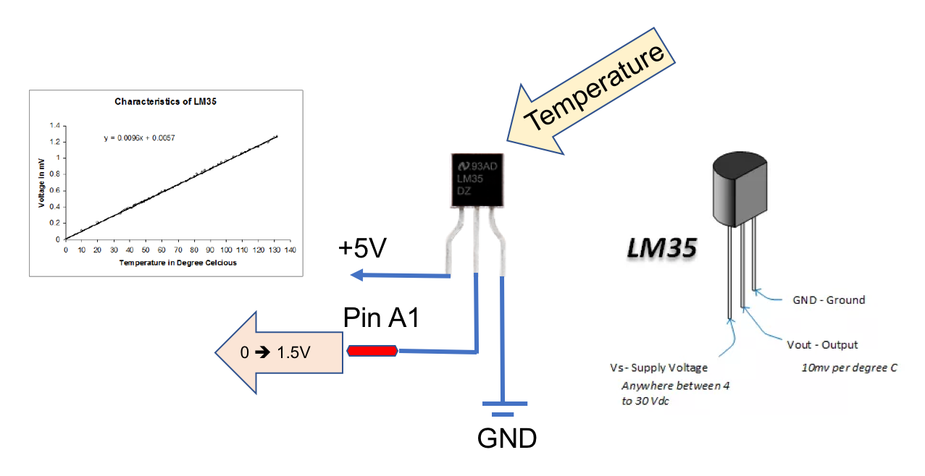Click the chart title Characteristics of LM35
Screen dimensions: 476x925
166,102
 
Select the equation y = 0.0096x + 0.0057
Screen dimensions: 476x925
139,137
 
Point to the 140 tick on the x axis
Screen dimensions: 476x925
290,250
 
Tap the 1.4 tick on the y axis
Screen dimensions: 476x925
54,125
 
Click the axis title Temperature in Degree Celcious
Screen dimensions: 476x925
178,263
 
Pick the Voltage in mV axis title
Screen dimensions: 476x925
43,181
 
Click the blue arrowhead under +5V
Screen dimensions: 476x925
356,275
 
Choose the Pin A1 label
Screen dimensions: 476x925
381,318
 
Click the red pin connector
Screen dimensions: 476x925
372,351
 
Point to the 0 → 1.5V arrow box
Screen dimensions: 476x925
279,352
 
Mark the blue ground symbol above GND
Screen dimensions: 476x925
503,408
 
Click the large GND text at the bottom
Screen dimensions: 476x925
506,438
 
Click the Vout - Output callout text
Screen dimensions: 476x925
822,344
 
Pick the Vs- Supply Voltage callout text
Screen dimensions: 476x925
658,367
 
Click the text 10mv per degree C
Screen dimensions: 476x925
849,367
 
